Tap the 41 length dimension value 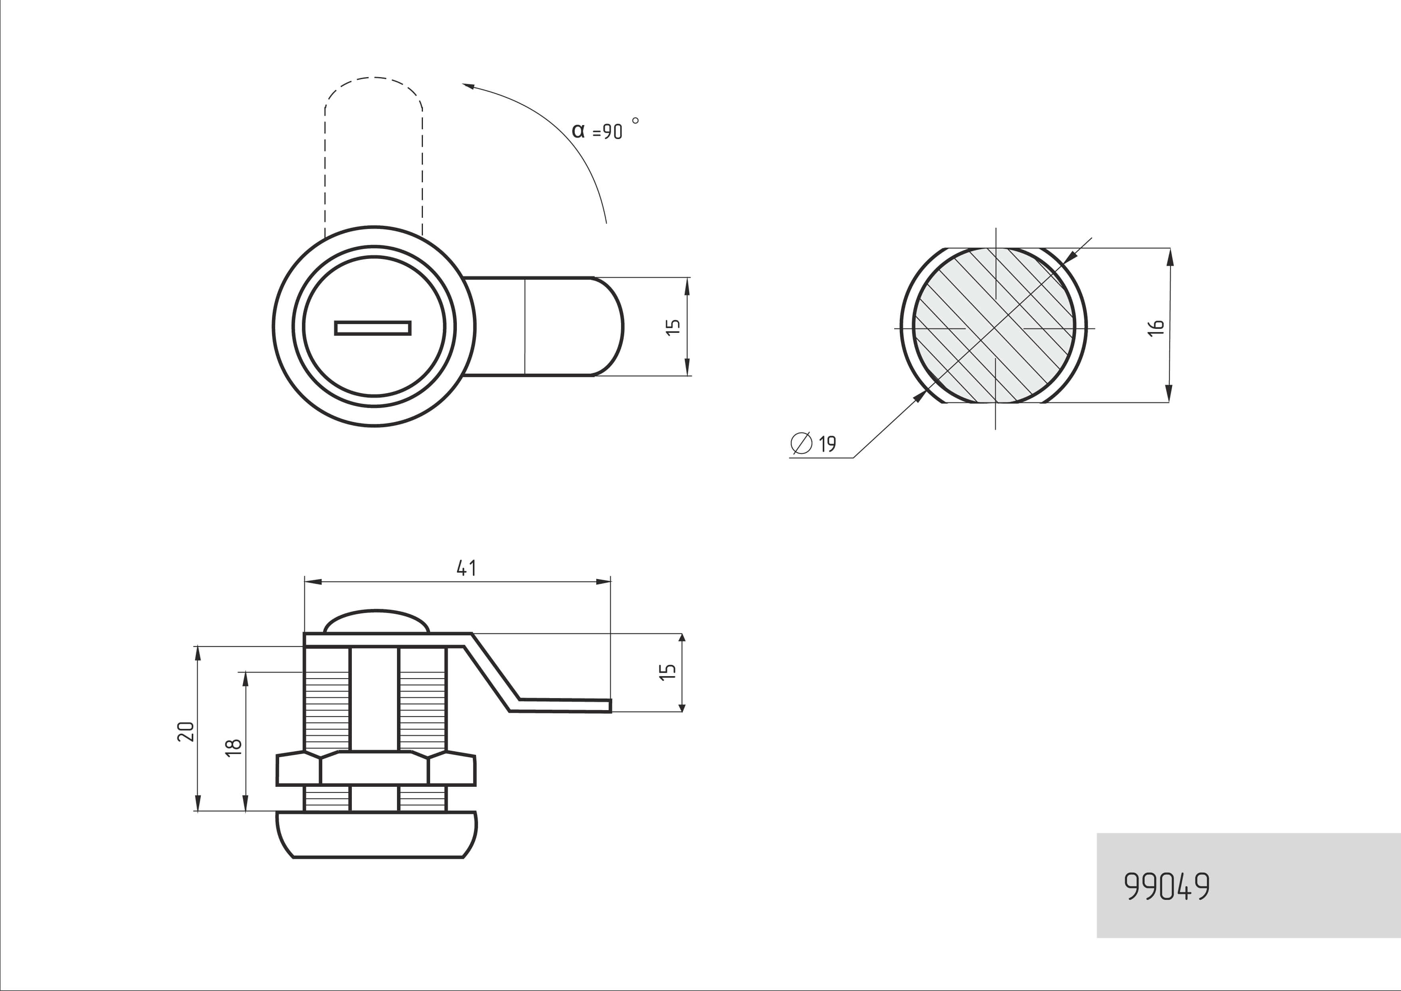[466, 568]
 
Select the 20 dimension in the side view [185, 731]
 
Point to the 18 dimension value [234, 747]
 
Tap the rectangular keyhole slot [373, 328]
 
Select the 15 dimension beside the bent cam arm [667, 672]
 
